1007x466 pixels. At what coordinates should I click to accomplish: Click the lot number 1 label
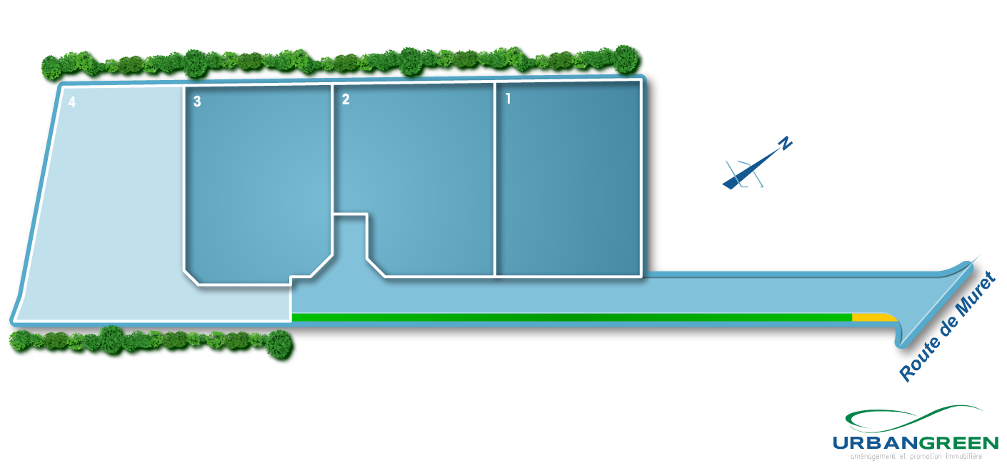[x=508, y=99]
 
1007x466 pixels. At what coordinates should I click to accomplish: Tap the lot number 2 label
[x=346, y=99]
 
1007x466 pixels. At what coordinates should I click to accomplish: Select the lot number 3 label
[x=197, y=101]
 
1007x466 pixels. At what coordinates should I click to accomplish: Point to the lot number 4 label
[x=72, y=102]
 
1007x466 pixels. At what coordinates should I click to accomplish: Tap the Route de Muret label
[x=946, y=326]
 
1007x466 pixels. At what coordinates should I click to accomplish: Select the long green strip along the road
[x=571, y=317]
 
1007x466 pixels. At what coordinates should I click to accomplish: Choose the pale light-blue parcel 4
[x=107, y=214]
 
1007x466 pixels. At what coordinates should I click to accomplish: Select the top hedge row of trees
[x=343, y=61]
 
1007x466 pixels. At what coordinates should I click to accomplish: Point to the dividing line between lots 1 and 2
[x=495, y=179]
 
